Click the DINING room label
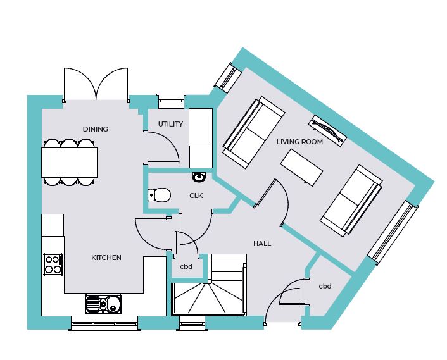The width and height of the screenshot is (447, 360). tap(95, 129)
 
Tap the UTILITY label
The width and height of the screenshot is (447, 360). tap(170, 124)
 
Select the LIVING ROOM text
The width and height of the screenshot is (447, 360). tap(299, 142)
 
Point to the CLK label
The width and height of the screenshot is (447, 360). tap(196, 196)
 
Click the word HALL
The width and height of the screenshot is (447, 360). tap(262, 244)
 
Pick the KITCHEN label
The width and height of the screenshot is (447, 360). tap(106, 258)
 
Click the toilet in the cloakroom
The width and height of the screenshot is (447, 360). tap(159, 195)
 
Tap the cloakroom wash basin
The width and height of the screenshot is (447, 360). tap(199, 177)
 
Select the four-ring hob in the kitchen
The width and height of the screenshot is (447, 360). tap(53, 264)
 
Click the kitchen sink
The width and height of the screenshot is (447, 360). tap(103, 304)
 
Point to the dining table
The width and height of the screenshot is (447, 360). tap(69, 163)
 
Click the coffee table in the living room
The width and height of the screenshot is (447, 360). tap(301, 168)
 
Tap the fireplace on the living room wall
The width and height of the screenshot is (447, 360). tap(328, 131)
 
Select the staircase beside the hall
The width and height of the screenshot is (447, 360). tap(209, 285)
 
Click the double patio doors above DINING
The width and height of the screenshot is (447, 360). tap(96, 84)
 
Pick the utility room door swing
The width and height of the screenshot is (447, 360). tap(161, 147)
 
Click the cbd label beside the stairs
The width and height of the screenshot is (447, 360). tap(186, 266)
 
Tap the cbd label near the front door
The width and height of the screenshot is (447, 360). tap(325, 286)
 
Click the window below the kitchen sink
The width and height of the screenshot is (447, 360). tap(104, 323)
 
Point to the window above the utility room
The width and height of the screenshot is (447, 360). tap(171, 101)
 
